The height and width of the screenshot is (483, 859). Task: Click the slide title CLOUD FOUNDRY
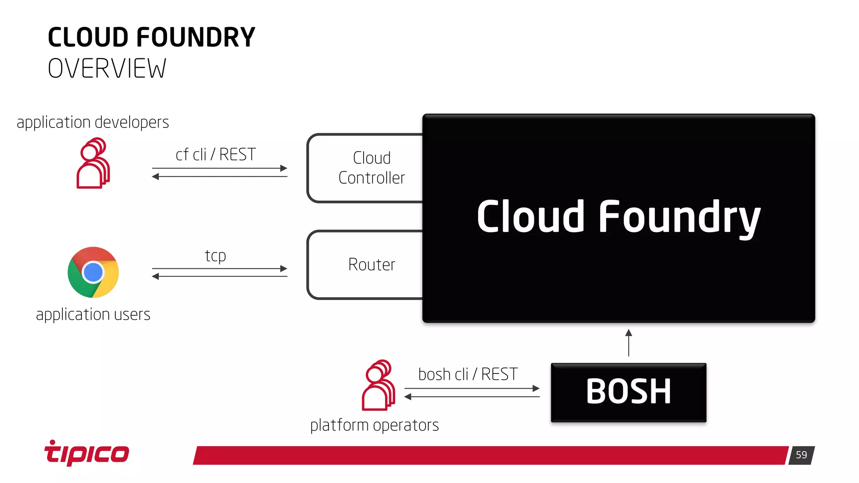[x=151, y=37]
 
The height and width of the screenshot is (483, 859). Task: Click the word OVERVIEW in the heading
[x=107, y=69]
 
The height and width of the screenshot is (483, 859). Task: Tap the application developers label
[x=93, y=122]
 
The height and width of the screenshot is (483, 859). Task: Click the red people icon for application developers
[x=93, y=163]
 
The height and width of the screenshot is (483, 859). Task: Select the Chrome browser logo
[x=93, y=273]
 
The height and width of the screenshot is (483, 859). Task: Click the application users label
[x=93, y=314]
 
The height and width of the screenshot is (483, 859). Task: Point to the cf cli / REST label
[x=216, y=155]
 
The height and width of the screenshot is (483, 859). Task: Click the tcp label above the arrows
[x=216, y=255]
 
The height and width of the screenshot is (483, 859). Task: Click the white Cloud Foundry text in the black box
[x=618, y=217]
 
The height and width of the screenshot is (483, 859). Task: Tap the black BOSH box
[x=628, y=392]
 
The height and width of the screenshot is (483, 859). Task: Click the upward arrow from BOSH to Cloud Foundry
[x=628, y=343]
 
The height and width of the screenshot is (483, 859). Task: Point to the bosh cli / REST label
[x=468, y=374]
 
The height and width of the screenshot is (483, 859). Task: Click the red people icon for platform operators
[x=378, y=385]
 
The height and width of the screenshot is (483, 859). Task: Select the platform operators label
[x=375, y=425]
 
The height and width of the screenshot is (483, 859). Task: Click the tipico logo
[x=87, y=453]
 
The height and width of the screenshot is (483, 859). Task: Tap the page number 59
[x=801, y=455]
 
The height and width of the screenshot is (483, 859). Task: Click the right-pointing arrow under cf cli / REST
[x=220, y=168]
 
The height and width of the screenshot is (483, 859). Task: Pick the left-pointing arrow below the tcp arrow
[x=220, y=276]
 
